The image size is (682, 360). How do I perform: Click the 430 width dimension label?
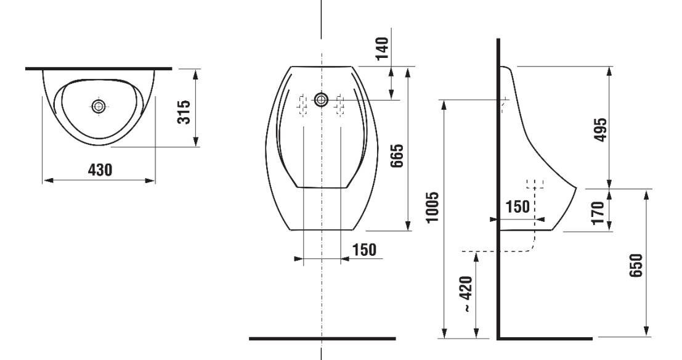click(100, 170)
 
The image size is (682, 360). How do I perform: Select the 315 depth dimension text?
click(184, 112)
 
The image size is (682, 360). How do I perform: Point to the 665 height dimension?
click(397, 155)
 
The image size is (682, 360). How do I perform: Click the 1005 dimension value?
click(432, 207)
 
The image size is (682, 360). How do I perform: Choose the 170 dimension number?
click(598, 213)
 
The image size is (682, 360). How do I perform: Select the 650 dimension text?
click(635, 265)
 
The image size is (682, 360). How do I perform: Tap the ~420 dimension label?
click(466, 294)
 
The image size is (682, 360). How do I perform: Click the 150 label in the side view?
click(518, 207)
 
